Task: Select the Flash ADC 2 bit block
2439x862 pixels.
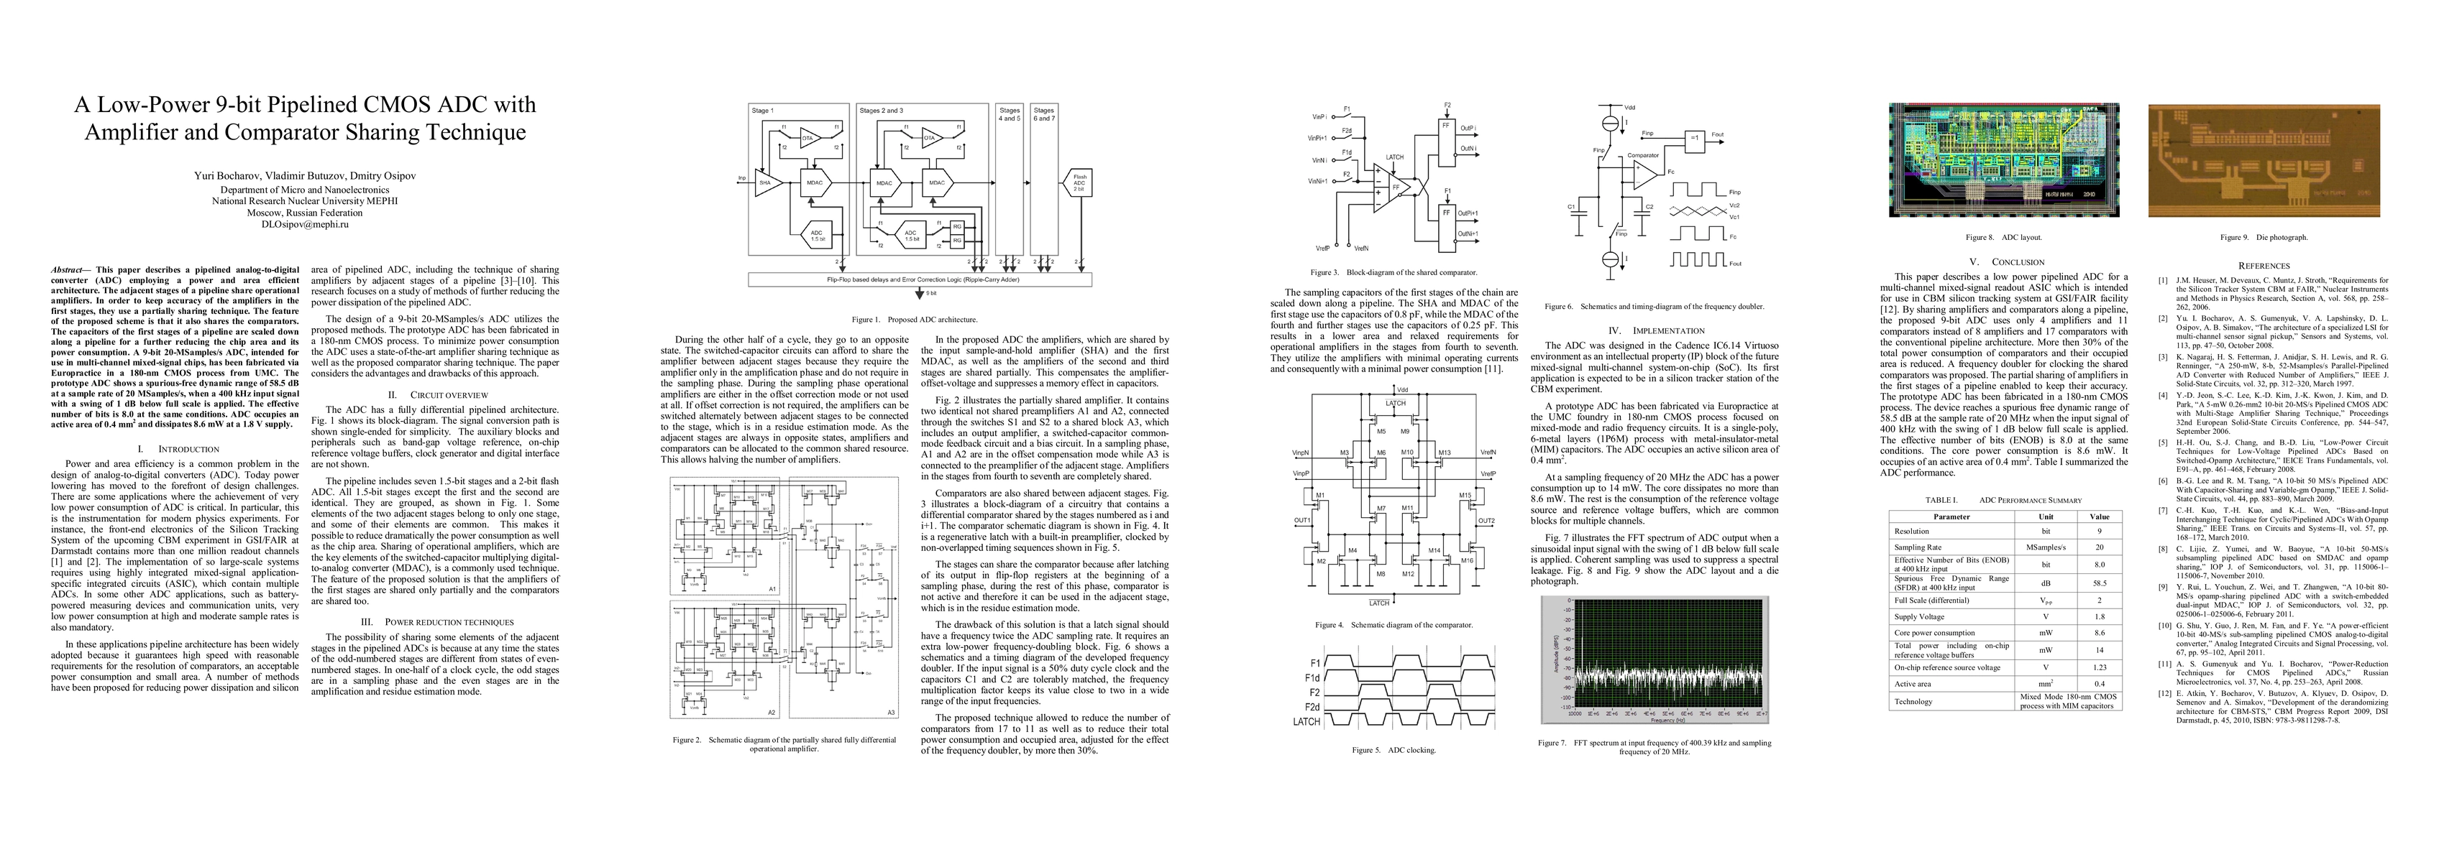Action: (1079, 182)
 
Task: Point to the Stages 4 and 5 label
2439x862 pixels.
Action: (1010, 114)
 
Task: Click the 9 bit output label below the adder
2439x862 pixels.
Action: (932, 293)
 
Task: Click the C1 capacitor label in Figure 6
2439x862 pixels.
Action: (1572, 206)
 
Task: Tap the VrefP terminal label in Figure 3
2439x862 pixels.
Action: (1322, 249)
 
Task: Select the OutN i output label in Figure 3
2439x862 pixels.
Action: (1468, 149)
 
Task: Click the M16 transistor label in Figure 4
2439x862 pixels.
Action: (1468, 560)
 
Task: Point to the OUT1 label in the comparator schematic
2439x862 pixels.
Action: (1303, 520)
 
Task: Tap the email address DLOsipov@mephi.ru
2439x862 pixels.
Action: (305, 224)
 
